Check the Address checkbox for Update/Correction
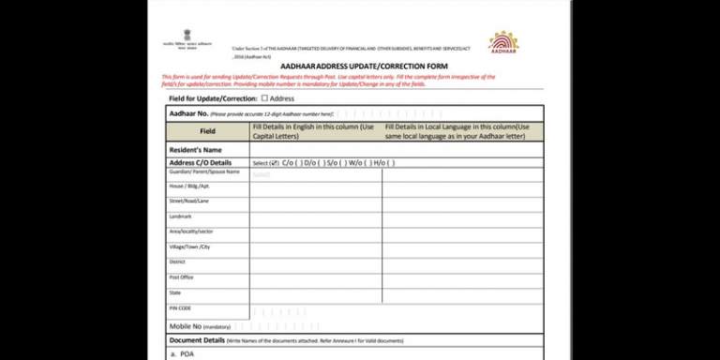pyautogui.click(x=264, y=97)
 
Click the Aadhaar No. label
pyautogui.click(x=187, y=113)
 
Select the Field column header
pyautogui.click(x=207, y=131)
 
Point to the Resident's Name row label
pyautogui.click(x=195, y=149)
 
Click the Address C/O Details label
pyautogui.click(x=199, y=162)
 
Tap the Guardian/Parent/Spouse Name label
pyautogui.click(x=204, y=172)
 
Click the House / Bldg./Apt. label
pyautogui.click(x=188, y=187)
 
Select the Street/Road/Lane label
pyautogui.click(x=188, y=202)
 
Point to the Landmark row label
pyautogui.click(x=181, y=217)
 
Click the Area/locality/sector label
pyautogui.click(x=191, y=232)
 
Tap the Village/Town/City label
pyautogui.click(x=189, y=247)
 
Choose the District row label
pyautogui.click(x=177, y=262)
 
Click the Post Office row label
pyautogui.click(x=181, y=277)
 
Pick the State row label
pyautogui.click(x=175, y=292)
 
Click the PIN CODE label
pyautogui.click(x=180, y=307)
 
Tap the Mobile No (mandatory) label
pyautogui.click(x=199, y=325)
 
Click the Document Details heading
pyautogui.click(x=197, y=339)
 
